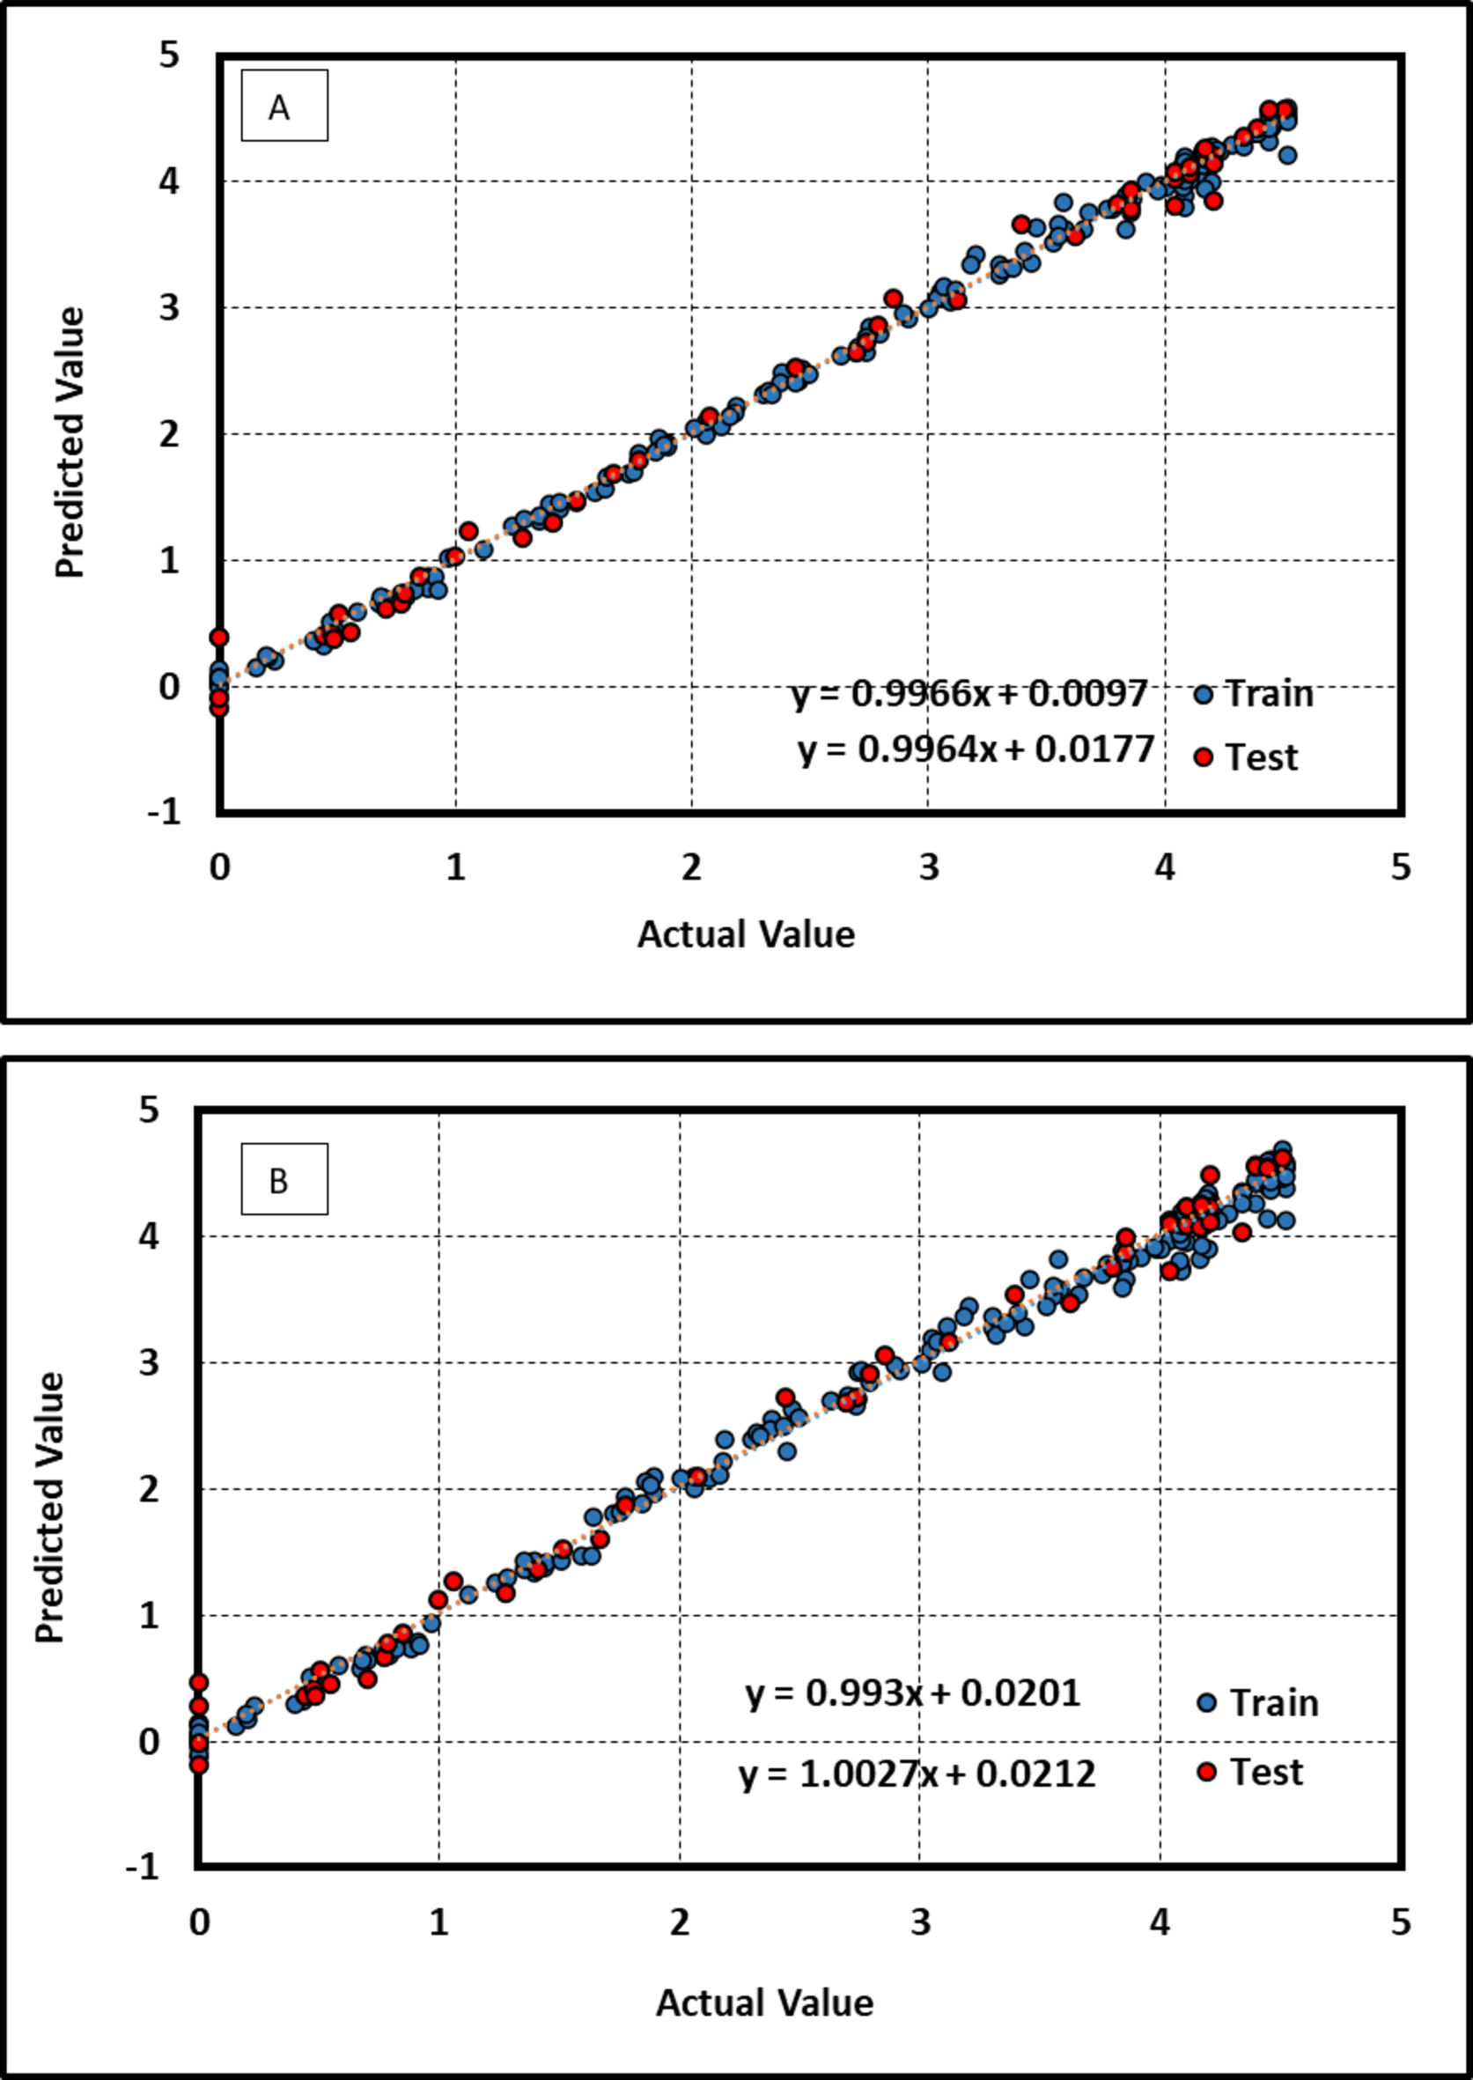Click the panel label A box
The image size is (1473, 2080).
click(284, 107)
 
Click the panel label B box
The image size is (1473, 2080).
click(284, 1179)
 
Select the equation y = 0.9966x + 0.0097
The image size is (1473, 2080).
click(969, 694)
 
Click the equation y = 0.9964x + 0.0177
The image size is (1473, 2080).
click(976, 750)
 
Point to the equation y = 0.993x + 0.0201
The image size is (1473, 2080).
click(912, 1693)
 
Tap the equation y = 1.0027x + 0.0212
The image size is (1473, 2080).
click(917, 1774)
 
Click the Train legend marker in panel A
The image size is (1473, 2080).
click(1203, 696)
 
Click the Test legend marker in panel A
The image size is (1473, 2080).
click(1203, 756)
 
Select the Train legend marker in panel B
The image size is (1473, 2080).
click(1205, 1702)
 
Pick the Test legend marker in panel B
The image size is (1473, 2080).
click(1205, 1772)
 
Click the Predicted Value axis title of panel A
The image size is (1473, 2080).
click(70, 442)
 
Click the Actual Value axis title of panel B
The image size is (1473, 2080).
click(763, 2002)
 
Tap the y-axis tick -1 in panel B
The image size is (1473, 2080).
click(142, 1867)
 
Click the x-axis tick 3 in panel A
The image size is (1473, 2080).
click(928, 867)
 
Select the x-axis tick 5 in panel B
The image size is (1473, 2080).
click(1400, 1921)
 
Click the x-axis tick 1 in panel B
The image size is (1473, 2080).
click(439, 1921)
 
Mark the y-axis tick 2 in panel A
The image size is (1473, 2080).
click(170, 434)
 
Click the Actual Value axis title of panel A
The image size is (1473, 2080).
click(746, 933)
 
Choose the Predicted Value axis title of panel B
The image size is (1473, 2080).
click(50, 1507)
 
